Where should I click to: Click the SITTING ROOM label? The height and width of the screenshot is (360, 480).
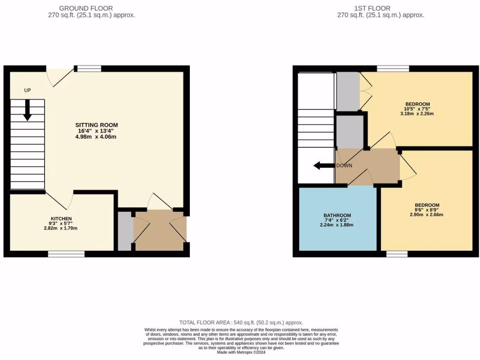click(x=97, y=125)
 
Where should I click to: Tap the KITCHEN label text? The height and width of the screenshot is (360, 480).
click(x=61, y=218)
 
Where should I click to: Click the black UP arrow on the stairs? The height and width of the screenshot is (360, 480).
click(x=28, y=111)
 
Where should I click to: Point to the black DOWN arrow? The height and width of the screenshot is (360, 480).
click(x=323, y=165)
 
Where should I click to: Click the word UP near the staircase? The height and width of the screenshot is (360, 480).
click(x=28, y=90)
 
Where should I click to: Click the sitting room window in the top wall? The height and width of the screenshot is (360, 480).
click(x=89, y=68)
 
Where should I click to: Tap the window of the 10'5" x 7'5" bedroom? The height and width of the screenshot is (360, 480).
click(x=393, y=68)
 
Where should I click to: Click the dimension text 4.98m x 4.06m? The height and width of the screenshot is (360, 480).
click(x=97, y=137)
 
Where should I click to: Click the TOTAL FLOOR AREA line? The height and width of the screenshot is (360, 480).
click(x=241, y=322)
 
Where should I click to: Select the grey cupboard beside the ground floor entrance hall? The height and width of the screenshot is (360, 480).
click(x=125, y=231)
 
